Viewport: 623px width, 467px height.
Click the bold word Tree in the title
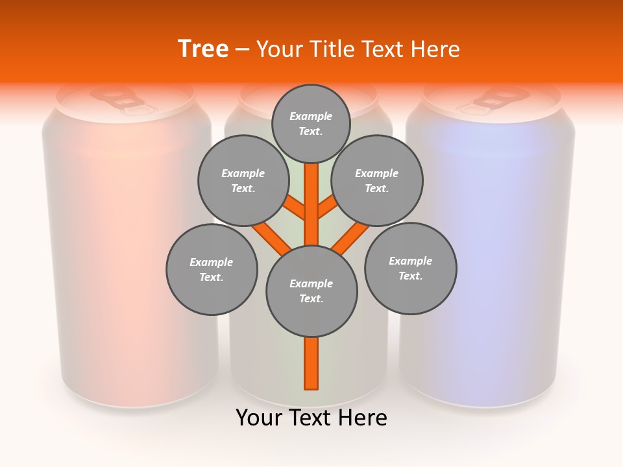pos(203,49)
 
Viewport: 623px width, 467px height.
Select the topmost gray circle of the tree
pos(311,123)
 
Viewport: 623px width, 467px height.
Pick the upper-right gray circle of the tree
pos(377,180)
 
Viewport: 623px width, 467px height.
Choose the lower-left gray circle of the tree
pos(212,269)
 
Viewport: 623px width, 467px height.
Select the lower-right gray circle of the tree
pos(411,269)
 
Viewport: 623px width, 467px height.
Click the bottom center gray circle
pos(311,291)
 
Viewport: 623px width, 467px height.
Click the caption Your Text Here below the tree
pos(311,418)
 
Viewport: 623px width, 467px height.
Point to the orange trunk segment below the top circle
pos(311,195)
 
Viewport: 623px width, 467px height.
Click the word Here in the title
pos(435,49)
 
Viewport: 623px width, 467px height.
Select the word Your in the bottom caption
pos(258,418)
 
